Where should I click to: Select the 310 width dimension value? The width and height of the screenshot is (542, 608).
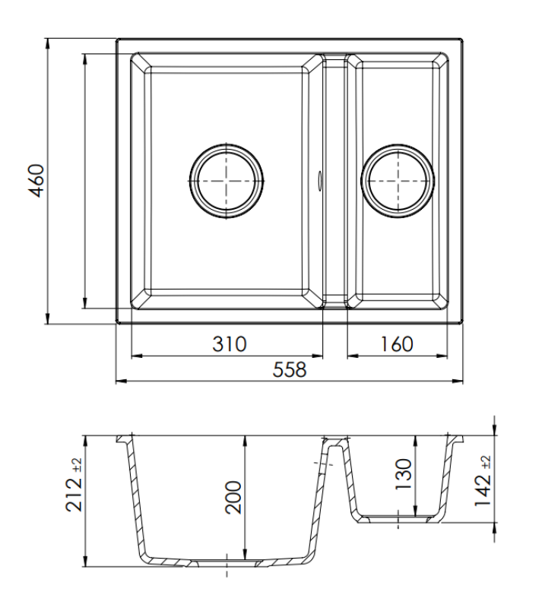click(229, 344)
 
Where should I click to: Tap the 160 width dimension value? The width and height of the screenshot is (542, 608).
click(396, 344)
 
